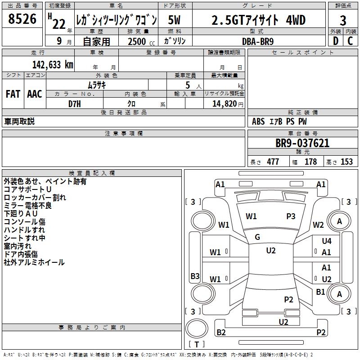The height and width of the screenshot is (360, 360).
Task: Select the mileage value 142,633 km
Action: [x=52, y=65]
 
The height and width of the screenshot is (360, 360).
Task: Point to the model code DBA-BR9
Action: [x=258, y=41]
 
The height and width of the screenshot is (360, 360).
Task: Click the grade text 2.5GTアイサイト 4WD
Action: [x=258, y=20]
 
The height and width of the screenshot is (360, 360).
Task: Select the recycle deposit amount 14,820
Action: [x=223, y=103]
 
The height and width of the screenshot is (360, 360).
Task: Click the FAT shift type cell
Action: [x=13, y=94]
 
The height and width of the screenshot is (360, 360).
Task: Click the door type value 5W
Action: [x=175, y=20]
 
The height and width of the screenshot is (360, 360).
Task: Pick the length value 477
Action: [x=273, y=162]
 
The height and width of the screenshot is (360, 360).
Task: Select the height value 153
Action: [x=346, y=162]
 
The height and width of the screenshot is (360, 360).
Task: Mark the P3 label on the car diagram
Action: [x=291, y=216]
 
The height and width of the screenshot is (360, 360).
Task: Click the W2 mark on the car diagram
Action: [x=318, y=225]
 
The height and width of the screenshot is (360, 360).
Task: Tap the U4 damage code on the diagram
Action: [x=326, y=241]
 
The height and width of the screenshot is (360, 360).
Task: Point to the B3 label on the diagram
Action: [x=195, y=276]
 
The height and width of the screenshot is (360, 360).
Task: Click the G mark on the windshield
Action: [x=257, y=237]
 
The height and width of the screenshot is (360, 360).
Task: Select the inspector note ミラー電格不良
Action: [x=27, y=205]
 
